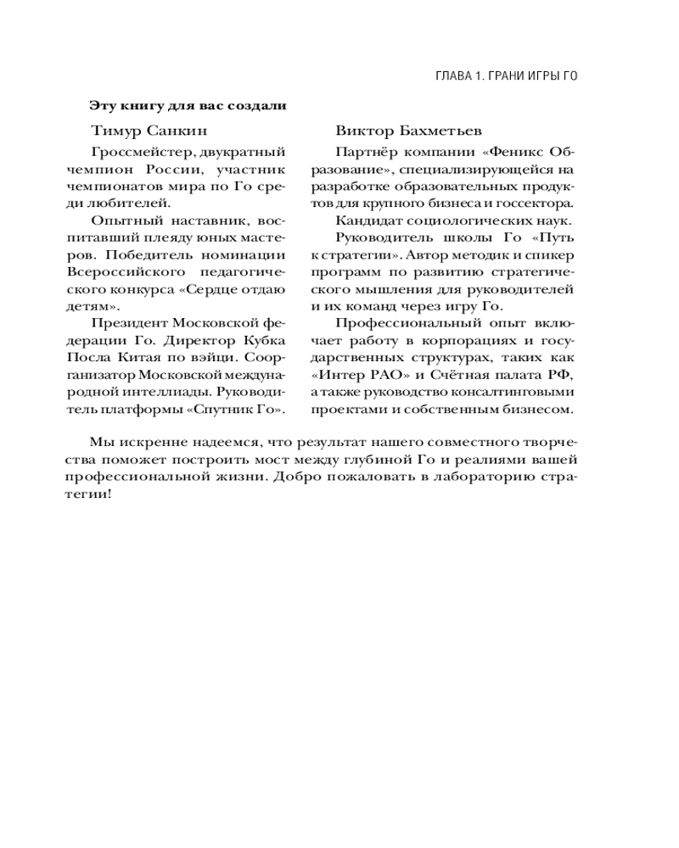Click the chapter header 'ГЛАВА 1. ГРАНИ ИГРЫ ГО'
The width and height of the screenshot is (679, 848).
[506, 75]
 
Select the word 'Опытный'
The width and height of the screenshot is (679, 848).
[116, 220]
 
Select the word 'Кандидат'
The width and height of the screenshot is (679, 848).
[364, 220]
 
